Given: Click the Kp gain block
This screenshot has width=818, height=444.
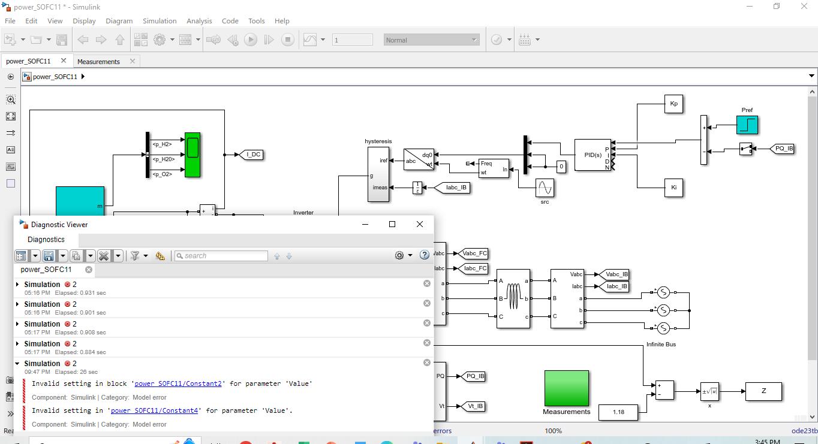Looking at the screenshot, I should coord(673,104).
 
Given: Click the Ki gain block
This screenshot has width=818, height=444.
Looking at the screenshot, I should coord(673,188).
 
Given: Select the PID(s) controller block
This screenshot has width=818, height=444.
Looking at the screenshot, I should coord(593,155).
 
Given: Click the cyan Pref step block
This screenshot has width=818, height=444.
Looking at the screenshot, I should coord(747,125).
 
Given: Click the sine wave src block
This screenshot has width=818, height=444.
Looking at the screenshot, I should coord(545,188).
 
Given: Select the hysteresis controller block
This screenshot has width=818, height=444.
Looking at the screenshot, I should coord(378,174).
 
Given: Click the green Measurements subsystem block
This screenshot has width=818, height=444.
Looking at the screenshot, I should coord(566,388).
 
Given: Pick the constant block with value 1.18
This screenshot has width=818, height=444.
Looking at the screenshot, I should coord(619,412).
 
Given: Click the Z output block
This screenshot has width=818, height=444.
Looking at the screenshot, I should coord(763,391).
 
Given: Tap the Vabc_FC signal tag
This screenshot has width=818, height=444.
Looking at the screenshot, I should coord(474,253).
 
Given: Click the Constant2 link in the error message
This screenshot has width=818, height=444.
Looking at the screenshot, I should coord(178,383).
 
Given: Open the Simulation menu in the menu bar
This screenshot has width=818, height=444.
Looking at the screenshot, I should coord(160,20).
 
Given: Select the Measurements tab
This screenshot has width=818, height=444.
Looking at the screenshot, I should coord(98,61).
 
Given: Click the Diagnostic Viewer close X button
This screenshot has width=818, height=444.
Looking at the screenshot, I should coord(420,224).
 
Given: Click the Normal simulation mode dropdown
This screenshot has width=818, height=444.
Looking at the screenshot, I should coord(431,40).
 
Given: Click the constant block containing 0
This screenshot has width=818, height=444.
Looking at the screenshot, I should coord(561,167).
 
